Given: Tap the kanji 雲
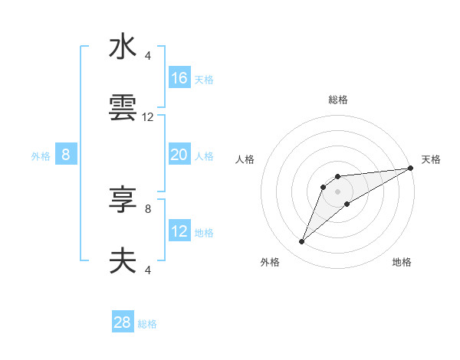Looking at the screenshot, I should pyautogui.click(x=123, y=110).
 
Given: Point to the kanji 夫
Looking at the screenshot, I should pyautogui.click(x=123, y=262).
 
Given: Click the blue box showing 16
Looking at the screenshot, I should pyautogui.click(x=179, y=78).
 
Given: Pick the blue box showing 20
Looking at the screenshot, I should pyautogui.click(x=179, y=155).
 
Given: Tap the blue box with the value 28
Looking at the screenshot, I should pyautogui.click(x=123, y=322).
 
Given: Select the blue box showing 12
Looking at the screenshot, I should pyautogui.click(x=179, y=231).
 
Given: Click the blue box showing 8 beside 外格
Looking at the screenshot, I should pyautogui.click(x=66, y=155).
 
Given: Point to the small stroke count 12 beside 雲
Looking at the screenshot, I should pyautogui.click(x=148, y=117).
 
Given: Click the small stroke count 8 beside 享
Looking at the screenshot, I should pyautogui.click(x=148, y=208).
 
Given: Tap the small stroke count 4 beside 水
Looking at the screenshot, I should pyautogui.click(x=148, y=55).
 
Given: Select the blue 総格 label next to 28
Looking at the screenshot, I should pyautogui.click(x=147, y=324).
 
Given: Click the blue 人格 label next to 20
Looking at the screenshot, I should pyautogui.click(x=204, y=156).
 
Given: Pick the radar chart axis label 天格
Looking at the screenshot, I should pyautogui.click(x=431, y=159).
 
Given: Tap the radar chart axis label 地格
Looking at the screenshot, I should pyautogui.click(x=402, y=262).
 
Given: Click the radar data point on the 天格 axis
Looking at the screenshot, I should pyautogui.click(x=410, y=169).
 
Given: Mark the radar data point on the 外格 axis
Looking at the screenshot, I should pyautogui.click(x=301, y=242).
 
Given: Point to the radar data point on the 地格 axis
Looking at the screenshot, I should pyautogui.click(x=347, y=203).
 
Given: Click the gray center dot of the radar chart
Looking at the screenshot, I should pyautogui.click(x=337, y=191).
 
